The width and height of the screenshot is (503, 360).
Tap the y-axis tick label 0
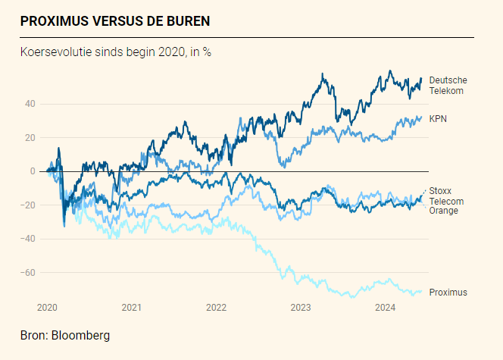[33, 171]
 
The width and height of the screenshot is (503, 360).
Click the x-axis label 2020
[47, 307]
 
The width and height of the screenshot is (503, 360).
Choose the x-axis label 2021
[132, 307]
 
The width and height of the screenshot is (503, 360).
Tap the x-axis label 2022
[217, 307]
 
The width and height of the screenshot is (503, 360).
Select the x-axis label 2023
[301, 307]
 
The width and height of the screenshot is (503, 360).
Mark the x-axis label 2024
[386, 307]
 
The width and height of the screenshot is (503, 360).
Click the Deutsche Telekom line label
[448, 86]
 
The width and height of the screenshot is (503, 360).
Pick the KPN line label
[438, 119]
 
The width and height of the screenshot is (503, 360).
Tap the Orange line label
[443, 211]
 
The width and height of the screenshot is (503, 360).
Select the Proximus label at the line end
[448, 293]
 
